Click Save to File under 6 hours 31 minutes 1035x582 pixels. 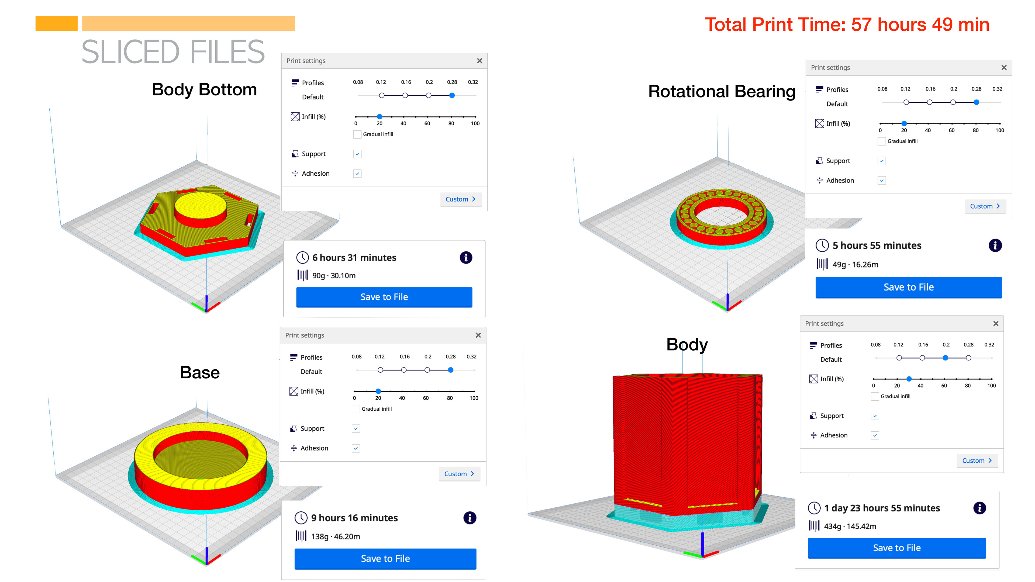pos(384,297)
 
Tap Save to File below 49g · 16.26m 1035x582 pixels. pos(908,287)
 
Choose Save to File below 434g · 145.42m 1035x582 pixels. pos(897,548)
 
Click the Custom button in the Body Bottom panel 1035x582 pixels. pos(460,199)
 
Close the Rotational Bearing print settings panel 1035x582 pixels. pos(1004,67)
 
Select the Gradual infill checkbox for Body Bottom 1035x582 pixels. pos(357,134)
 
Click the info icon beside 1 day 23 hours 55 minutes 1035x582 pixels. pos(979,508)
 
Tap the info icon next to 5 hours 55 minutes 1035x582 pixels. pos(995,245)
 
